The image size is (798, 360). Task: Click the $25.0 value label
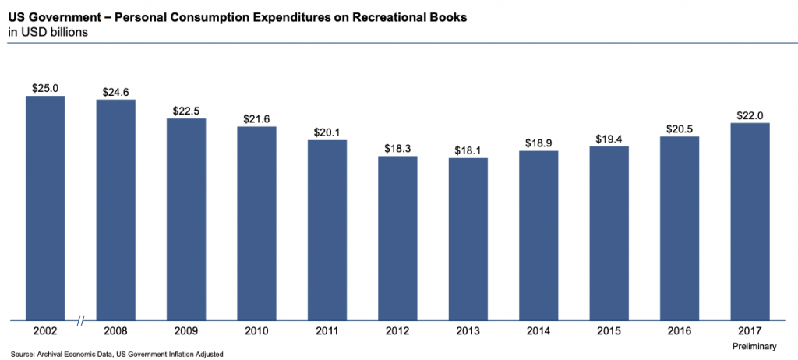(x=45, y=88)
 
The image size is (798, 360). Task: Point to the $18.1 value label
(x=468, y=150)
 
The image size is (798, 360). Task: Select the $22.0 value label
(x=750, y=115)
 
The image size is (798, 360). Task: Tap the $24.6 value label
(x=115, y=92)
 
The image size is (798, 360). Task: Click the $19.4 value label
(x=609, y=139)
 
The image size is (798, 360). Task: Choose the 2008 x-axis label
(x=115, y=331)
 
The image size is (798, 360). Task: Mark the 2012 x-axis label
(x=397, y=331)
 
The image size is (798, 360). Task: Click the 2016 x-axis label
(x=679, y=331)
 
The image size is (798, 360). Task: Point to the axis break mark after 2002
(x=81, y=320)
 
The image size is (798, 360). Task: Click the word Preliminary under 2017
(x=754, y=345)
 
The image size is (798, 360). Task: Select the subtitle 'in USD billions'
(x=48, y=32)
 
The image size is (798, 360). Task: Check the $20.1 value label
(x=327, y=132)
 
